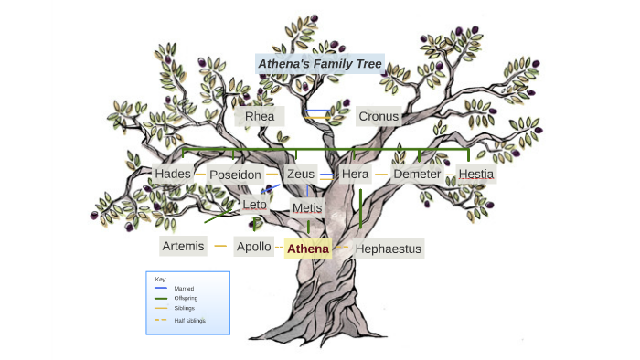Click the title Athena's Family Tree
click(x=320, y=64)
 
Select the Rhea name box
click(x=260, y=116)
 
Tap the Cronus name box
click(x=378, y=116)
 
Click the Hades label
click(x=173, y=174)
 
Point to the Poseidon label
click(x=235, y=175)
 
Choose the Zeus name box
click(x=300, y=174)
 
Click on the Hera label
click(x=355, y=174)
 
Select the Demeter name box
click(x=417, y=174)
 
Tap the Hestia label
click(x=475, y=174)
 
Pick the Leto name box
click(x=254, y=205)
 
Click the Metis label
click(x=307, y=208)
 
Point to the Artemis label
click(x=183, y=246)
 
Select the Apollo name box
click(x=253, y=247)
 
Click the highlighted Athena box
click(x=307, y=248)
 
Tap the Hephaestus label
click(x=389, y=248)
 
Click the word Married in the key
click(x=184, y=288)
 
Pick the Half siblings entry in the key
click(x=189, y=320)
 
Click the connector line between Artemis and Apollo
click(x=219, y=246)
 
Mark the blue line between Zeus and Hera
click(x=326, y=174)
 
